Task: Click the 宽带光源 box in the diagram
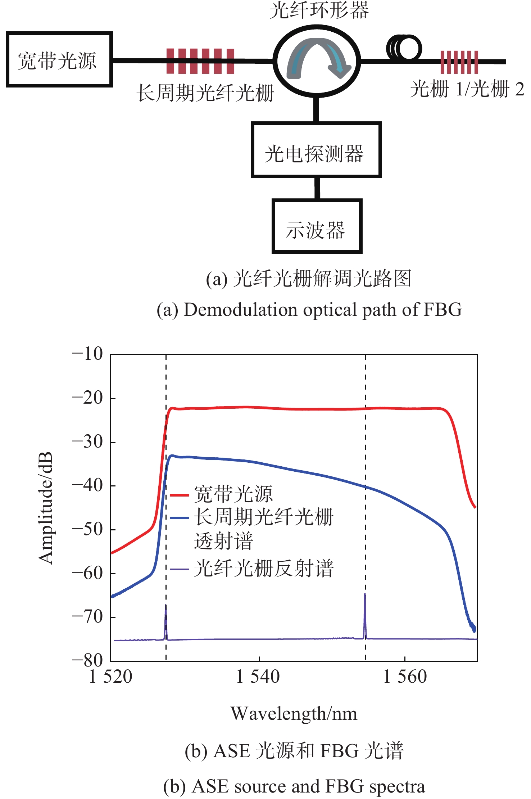(59, 60)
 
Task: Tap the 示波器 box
(317, 226)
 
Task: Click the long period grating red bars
(200, 61)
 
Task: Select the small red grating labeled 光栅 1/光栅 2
(459, 62)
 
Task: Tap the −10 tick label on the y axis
(87, 354)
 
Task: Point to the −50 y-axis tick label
(87, 529)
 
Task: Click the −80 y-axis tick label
(87, 660)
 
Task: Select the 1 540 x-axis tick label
(258, 677)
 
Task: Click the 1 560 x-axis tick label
(405, 677)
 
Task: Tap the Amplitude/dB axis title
(46, 507)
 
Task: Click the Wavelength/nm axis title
(294, 714)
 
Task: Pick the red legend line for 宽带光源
(179, 495)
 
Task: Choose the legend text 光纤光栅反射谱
(264, 569)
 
